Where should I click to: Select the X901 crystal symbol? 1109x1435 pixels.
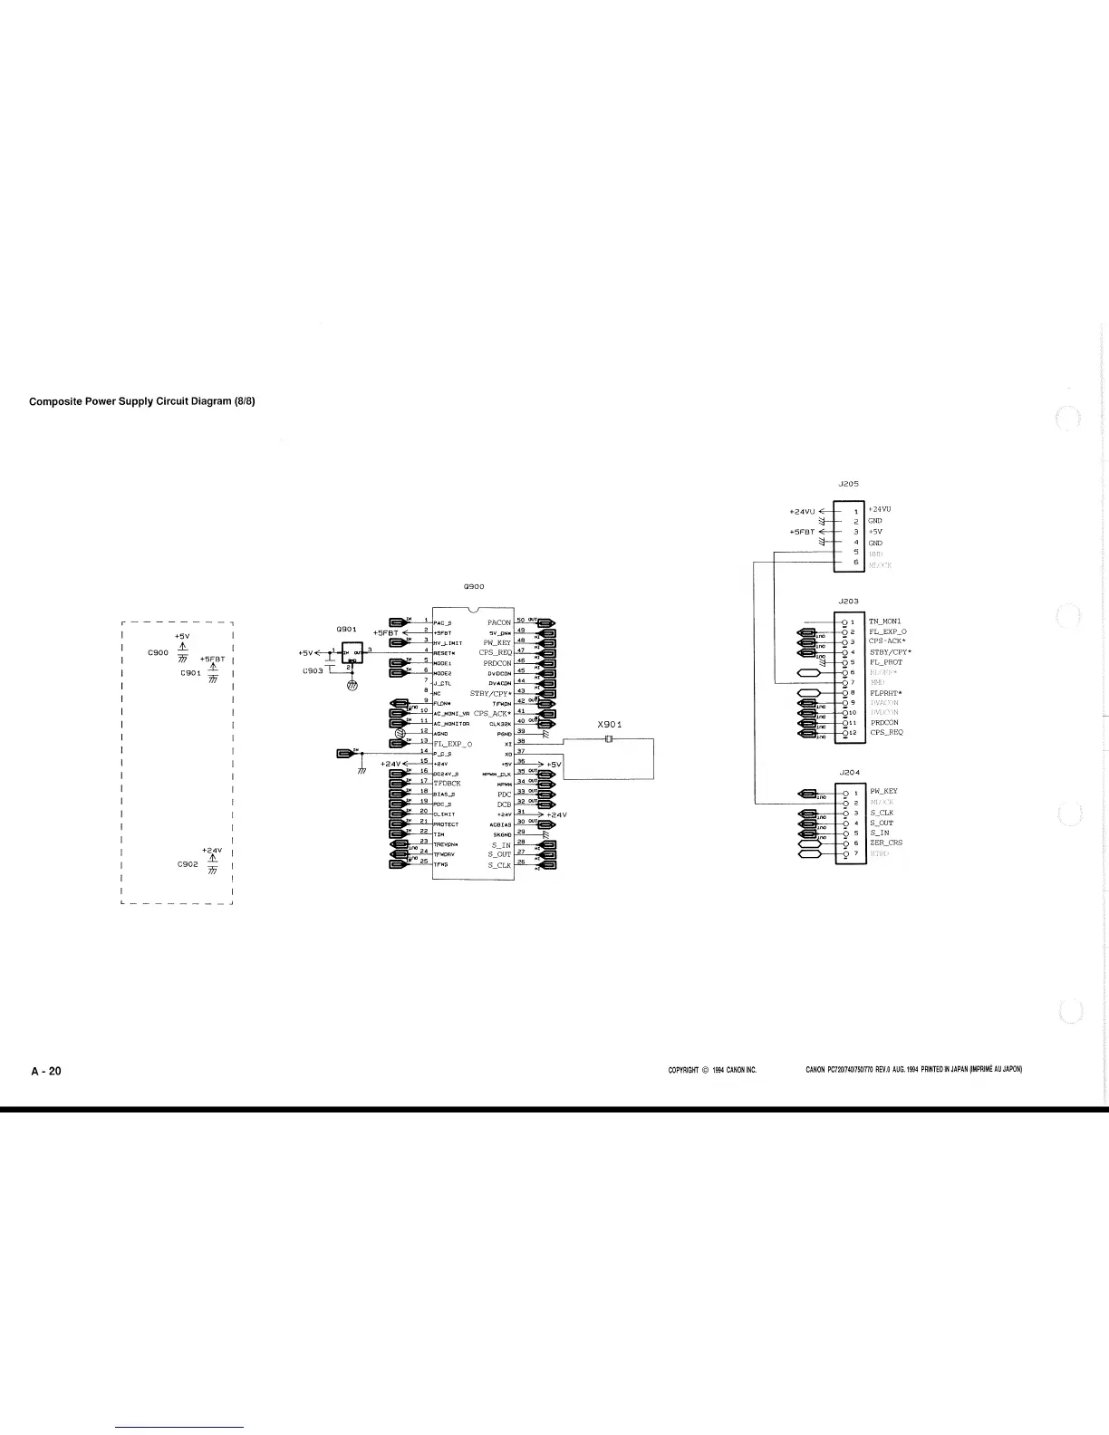pyautogui.click(x=609, y=740)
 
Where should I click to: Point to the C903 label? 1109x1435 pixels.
pyautogui.click(x=313, y=671)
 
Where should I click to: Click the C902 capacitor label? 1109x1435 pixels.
pyautogui.click(x=188, y=864)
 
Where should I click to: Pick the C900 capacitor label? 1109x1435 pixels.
pyautogui.click(x=159, y=652)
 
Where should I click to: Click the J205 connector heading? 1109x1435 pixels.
pyautogui.click(x=849, y=485)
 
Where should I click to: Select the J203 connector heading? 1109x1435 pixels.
pyautogui.click(x=849, y=601)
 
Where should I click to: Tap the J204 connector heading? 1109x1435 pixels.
pyautogui.click(x=849, y=773)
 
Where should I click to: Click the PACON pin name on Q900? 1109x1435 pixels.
pyautogui.click(x=499, y=622)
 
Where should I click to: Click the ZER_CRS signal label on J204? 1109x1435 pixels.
pyautogui.click(x=885, y=843)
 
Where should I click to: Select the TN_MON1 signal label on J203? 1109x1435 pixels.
pyautogui.click(x=885, y=621)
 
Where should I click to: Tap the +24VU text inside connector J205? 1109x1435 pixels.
pyautogui.click(x=881, y=510)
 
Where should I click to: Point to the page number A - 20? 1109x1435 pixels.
pyautogui.click(x=46, y=1071)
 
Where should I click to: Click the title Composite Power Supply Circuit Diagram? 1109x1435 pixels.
pyautogui.click(x=142, y=401)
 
